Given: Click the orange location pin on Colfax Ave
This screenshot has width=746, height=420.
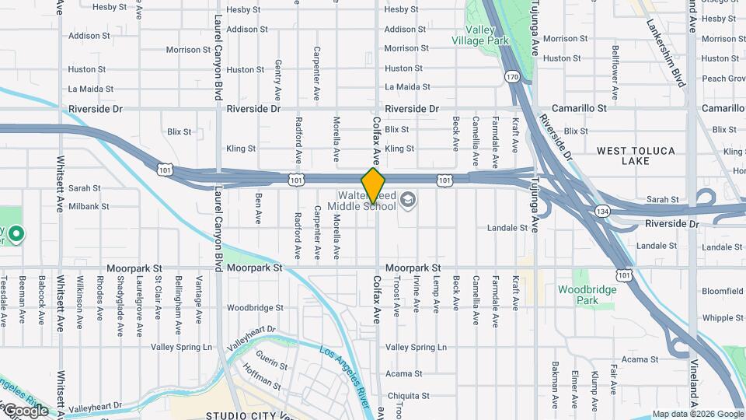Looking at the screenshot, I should click(x=374, y=185).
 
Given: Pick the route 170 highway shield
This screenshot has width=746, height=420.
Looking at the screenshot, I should click(x=511, y=76).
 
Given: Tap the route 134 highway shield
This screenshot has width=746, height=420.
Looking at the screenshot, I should click(x=602, y=211).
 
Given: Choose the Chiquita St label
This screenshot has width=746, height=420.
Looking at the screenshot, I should click(x=403, y=395).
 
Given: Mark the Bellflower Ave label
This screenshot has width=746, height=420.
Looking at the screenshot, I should click(x=615, y=72).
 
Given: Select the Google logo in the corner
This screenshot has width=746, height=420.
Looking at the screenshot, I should click(x=25, y=411).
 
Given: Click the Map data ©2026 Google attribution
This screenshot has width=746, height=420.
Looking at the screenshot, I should click(x=697, y=414).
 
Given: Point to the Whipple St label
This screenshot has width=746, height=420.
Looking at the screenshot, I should click(x=723, y=318).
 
